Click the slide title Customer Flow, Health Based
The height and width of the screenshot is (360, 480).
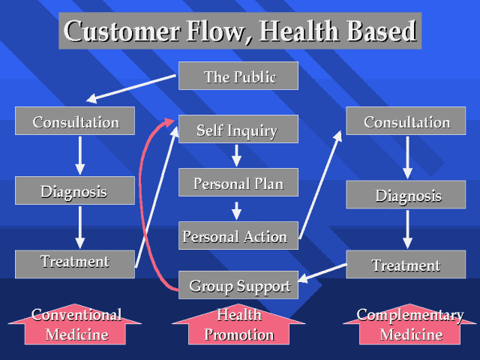coord(240,31)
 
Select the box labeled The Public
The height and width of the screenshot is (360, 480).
coord(238,76)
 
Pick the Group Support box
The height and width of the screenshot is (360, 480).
coord(238,285)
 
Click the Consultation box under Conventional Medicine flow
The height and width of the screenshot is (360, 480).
coord(75,121)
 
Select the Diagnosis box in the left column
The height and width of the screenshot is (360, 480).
coord(75,190)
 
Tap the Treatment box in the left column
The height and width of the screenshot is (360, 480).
coord(75,262)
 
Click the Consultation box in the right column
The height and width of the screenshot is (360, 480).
coord(406,121)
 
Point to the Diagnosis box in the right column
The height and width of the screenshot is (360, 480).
coord(406,195)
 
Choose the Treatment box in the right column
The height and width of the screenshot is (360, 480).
coord(406,265)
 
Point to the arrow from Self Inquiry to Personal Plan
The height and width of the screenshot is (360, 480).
coord(236,155)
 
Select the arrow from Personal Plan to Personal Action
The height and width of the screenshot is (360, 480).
coord(236,209)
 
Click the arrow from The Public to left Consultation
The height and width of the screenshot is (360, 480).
coord(131,87)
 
